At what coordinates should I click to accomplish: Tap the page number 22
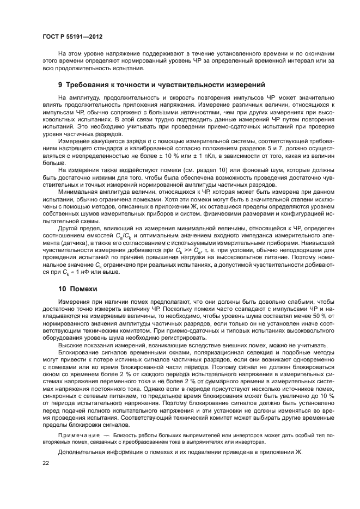(45, 463)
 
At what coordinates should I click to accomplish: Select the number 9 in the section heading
(60, 85)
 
